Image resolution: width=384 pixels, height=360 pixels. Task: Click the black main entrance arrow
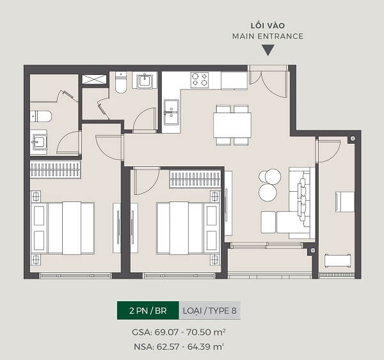click(x=268, y=50)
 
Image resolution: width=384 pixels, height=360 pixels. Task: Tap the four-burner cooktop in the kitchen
click(x=200, y=80)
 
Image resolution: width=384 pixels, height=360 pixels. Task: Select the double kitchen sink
click(x=171, y=112)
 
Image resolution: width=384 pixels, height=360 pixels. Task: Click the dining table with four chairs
click(x=232, y=125)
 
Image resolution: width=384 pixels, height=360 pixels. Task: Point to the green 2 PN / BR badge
click(x=148, y=311)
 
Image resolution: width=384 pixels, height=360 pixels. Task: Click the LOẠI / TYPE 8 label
click(x=210, y=311)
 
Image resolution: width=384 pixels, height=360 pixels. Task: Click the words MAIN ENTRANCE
click(x=268, y=36)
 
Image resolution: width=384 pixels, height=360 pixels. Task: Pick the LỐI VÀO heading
click(x=268, y=26)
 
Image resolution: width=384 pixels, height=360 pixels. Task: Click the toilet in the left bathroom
click(x=41, y=116)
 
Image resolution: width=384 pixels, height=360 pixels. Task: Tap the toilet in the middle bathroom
click(x=121, y=82)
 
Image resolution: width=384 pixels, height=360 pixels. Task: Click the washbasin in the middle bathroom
click(x=145, y=81)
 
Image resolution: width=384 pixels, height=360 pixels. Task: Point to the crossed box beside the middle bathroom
click(x=94, y=79)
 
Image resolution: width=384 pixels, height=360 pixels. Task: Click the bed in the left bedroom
click(x=63, y=228)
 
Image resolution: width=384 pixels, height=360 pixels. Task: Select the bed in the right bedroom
click(x=188, y=228)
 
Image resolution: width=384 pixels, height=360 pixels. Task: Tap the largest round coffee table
click(x=268, y=192)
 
